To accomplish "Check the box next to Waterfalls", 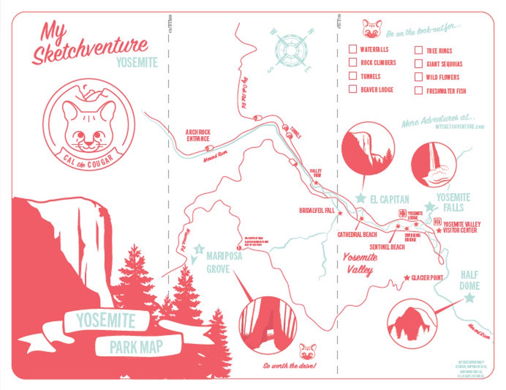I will (x=353, y=49).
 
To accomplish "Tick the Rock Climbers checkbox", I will (x=353, y=62).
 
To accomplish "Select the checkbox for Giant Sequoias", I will (x=418, y=64).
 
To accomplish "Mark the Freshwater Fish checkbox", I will (x=418, y=90).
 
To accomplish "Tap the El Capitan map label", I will (x=389, y=199).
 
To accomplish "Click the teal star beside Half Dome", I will (x=469, y=298).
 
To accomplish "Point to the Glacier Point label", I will (x=427, y=278).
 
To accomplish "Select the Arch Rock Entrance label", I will (x=198, y=135).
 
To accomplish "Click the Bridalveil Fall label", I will (x=317, y=211).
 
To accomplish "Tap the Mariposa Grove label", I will (x=218, y=262).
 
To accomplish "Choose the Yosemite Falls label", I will (x=453, y=202).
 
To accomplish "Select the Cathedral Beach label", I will (x=357, y=234).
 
